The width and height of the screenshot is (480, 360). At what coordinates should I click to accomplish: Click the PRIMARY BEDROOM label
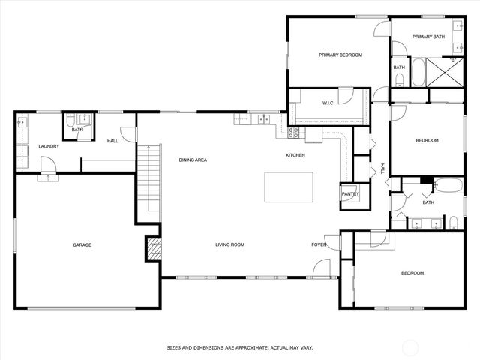[x=340, y=55]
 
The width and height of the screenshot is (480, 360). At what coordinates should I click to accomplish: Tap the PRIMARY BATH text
[x=429, y=37]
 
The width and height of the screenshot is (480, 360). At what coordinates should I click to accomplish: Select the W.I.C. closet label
[x=328, y=103]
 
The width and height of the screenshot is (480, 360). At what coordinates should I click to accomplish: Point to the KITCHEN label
[x=295, y=155]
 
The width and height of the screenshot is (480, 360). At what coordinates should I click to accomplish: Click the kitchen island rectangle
[x=289, y=187]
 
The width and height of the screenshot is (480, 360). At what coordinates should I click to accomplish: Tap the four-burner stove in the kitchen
[x=294, y=133]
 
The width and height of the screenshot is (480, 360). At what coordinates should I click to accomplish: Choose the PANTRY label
[x=350, y=194]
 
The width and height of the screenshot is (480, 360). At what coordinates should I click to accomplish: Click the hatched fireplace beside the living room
[x=153, y=249]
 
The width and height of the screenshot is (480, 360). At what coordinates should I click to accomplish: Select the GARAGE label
[x=82, y=244]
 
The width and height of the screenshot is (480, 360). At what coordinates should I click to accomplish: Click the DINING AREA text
[x=193, y=160]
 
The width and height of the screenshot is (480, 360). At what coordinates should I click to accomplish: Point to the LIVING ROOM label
[x=230, y=244]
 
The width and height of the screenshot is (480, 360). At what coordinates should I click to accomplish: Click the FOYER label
[x=319, y=244]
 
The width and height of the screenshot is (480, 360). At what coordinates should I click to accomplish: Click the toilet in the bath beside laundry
[x=69, y=121]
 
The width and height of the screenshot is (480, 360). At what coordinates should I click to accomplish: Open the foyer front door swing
[x=322, y=268]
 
